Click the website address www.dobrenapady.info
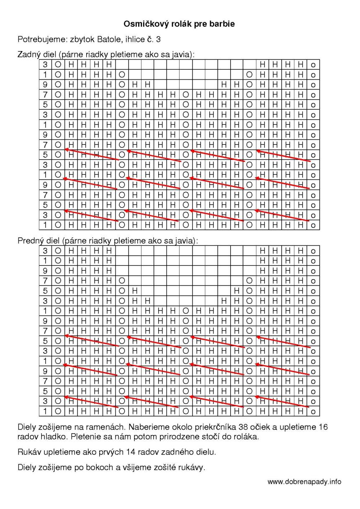click(304, 482)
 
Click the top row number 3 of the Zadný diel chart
click(45, 64)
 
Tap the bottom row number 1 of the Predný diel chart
click(45, 412)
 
